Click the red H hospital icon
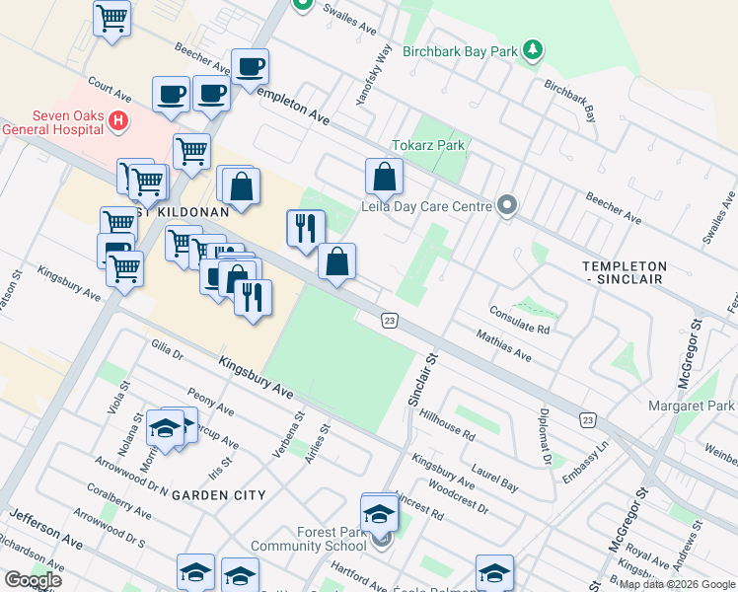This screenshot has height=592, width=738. [118, 121]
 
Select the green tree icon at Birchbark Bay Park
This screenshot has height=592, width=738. [533, 49]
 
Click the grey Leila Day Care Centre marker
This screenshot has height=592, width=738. [507, 205]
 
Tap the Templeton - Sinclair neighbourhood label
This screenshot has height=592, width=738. [637, 273]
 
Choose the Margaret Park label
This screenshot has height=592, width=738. [692, 406]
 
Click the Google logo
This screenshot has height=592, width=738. [33, 580]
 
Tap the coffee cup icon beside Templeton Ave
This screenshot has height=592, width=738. [251, 67]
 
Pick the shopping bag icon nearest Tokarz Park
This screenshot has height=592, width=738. [384, 178]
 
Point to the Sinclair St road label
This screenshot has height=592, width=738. [421, 380]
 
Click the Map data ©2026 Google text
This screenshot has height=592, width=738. [677, 585]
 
